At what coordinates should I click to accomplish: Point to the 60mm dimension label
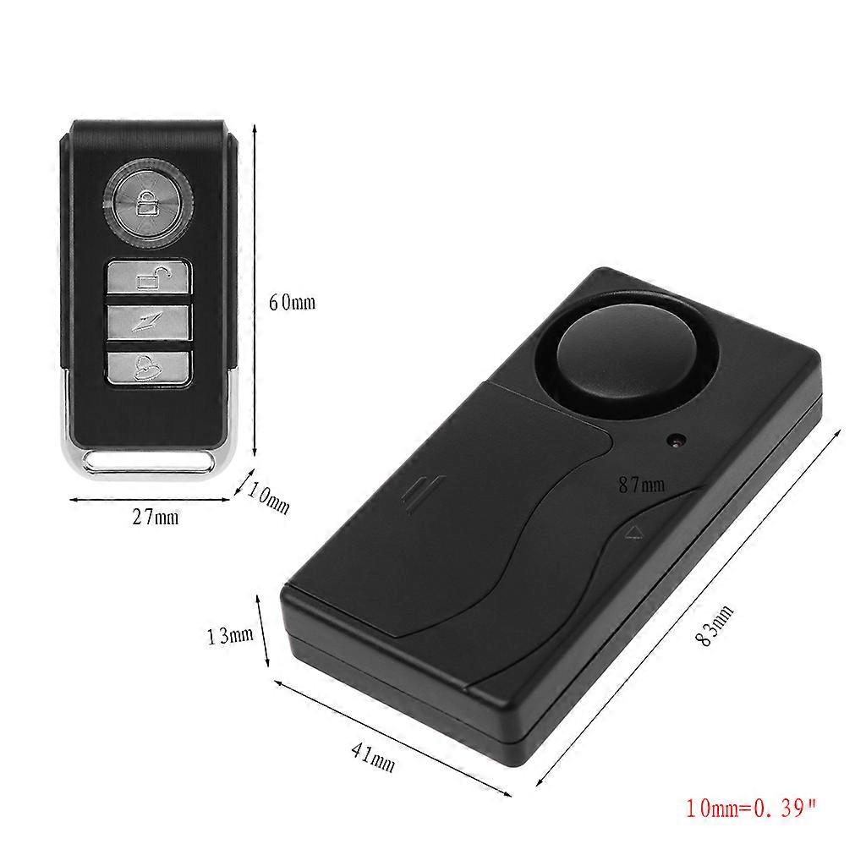292,302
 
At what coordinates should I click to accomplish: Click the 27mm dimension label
156,516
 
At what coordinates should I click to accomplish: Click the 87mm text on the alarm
641,485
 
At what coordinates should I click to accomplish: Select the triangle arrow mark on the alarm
635,532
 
